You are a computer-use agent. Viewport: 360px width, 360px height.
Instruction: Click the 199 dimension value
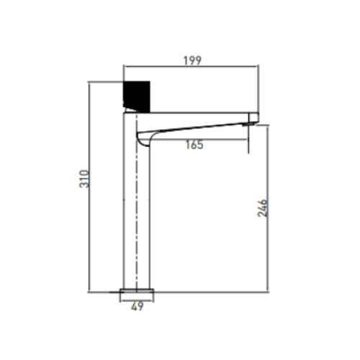[x=192, y=60]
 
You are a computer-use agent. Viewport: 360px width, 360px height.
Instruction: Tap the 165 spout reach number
[x=194, y=145]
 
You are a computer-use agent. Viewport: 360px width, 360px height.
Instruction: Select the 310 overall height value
[x=84, y=179]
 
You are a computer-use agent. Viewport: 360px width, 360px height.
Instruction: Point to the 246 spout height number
[x=262, y=208]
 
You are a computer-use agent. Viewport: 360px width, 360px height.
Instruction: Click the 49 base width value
[x=138, y=306]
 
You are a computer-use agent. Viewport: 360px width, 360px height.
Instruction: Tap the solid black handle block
[x=137, y=96]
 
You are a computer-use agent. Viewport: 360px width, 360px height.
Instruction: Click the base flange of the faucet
[x=137, y=291]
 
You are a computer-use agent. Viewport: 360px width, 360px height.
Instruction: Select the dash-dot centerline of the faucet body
[x=136, y=202]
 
